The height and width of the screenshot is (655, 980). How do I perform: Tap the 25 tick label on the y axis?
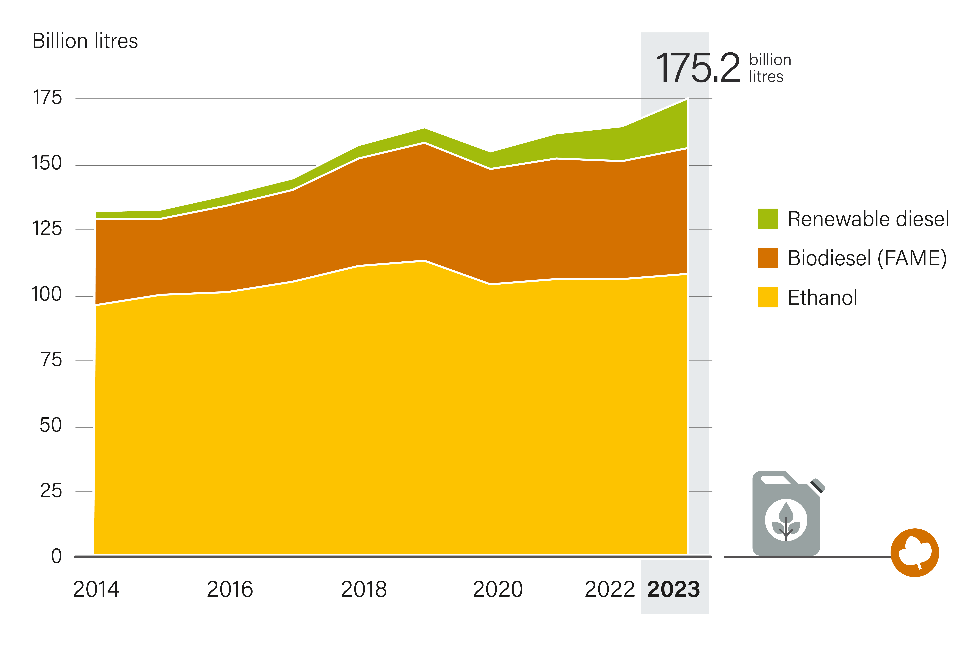coord(51,491)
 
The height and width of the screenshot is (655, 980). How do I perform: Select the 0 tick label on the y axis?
coord(56,556)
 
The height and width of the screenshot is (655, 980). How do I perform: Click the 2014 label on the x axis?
coord(96,589)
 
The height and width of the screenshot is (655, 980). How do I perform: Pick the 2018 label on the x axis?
coord(364,589)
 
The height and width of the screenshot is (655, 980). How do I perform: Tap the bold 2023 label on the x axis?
coord(673,589)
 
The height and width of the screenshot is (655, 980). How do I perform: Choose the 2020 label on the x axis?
coord(498,589)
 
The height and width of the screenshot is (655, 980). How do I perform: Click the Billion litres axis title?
coord(85,41)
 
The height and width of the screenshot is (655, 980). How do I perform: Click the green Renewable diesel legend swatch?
coord(767,219)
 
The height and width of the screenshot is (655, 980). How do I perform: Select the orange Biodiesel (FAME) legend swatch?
coord(767,258)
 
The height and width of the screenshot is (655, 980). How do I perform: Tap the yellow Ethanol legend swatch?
coord(767,297)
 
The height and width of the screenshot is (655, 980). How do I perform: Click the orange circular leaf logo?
coord(915,553)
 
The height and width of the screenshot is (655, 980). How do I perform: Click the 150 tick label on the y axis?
coord(47,163)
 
